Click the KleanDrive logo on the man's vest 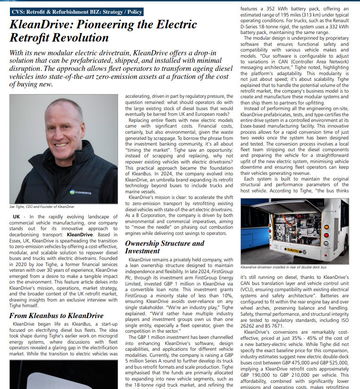83,192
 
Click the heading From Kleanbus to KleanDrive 56,315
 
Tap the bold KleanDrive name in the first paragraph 80,234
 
